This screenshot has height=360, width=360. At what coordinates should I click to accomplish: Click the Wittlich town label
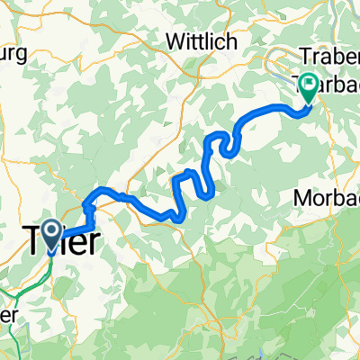(199, 40)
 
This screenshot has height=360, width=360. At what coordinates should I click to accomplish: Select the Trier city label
(58, 241)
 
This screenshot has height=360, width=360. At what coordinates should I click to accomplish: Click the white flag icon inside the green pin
(310, 85)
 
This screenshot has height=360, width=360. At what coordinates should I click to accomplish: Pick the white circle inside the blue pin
(50, 232)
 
